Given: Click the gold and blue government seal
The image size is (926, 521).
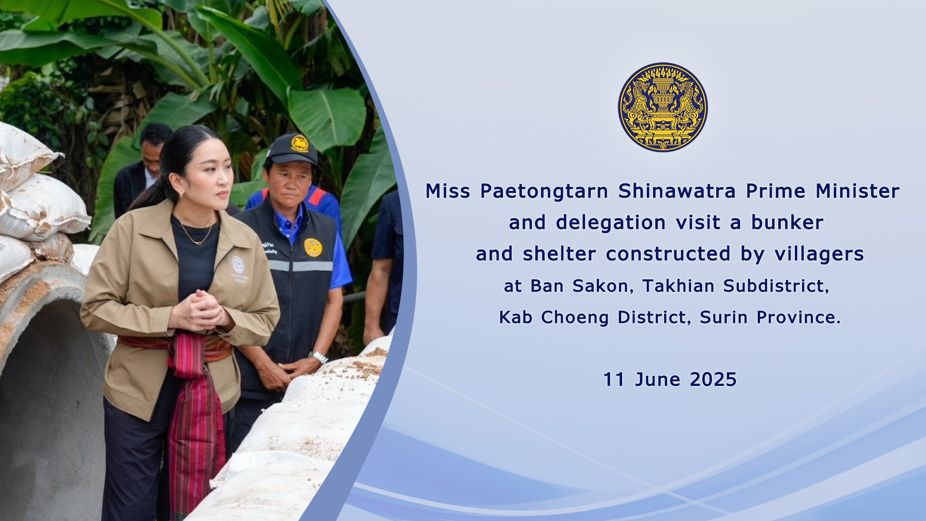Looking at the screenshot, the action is (x=663, y=107).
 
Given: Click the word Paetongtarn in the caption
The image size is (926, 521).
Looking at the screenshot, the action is (x=544, y=192).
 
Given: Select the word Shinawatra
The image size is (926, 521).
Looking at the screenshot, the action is (x=677, y=191).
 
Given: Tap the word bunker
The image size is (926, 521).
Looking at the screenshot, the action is (x=787, y=222).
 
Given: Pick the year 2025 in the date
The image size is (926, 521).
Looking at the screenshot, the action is (x=713, y=380).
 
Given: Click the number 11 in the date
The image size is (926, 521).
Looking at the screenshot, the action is (x=613, y=380).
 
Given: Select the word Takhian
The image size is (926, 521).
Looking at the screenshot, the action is (x=678, y=286).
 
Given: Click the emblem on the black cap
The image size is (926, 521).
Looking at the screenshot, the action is (x=300, y=143).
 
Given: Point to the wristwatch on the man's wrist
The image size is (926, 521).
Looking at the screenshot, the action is (x=318, y=357).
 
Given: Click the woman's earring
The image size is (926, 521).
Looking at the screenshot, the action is (x=182, y=194).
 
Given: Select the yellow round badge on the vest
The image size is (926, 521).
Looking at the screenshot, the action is (x=313, y=247).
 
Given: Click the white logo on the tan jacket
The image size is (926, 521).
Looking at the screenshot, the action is (x=238, y=267).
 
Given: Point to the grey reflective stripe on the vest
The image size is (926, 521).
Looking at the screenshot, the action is (x=300, y=266).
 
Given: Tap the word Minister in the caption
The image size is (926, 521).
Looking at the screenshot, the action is (x=858, y=191).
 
